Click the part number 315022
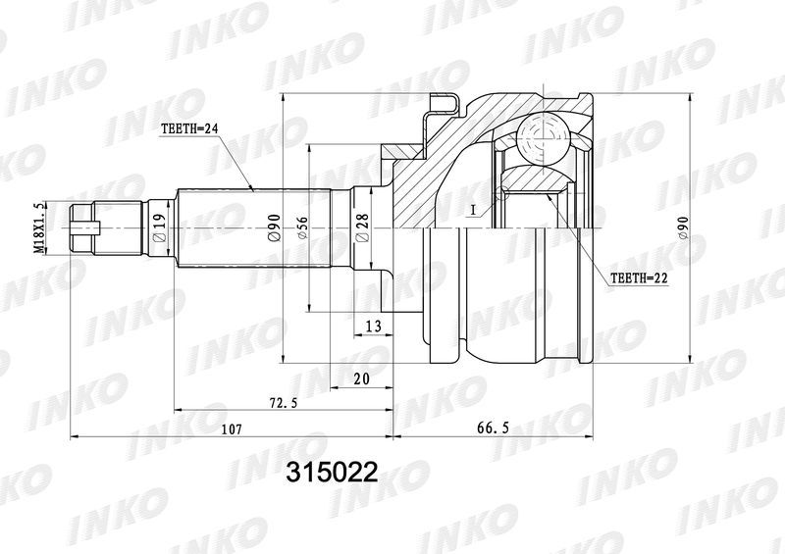click(x=332, y=472)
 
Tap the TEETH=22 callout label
click(x=640, y=278)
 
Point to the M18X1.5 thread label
click(x=38, y=228)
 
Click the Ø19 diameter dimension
click(x=159, y=228)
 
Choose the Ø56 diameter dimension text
click(x=302, y=228)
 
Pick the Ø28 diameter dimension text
click(x=362, y=228)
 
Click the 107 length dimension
click(x=233, y=429)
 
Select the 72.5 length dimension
click(x=283, y=402)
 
